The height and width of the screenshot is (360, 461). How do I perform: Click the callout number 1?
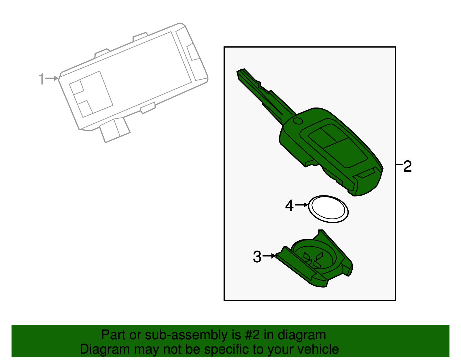pos(42,79)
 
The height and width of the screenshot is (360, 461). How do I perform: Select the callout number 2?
pos(407,166)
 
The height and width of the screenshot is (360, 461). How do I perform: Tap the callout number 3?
pos(257,257)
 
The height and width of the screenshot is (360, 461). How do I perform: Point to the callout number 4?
pos(289,206)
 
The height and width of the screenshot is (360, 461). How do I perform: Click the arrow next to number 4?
pos(301,205)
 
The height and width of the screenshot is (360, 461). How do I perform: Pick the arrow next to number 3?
pos(269,256)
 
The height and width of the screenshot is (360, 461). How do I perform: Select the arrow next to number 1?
pos(53,78)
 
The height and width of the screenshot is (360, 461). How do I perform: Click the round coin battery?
pos(328,209)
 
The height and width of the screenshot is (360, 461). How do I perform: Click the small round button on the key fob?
pos(298,121)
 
